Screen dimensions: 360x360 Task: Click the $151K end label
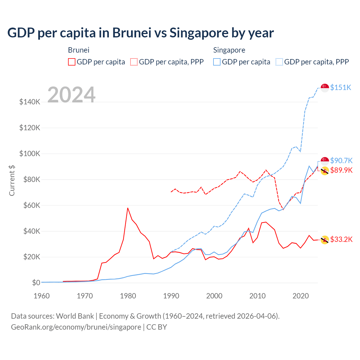(x=341, y=87)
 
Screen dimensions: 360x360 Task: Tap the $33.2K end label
(x=341, y=239)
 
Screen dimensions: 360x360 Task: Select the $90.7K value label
(x=341, y=161)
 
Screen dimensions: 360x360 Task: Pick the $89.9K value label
(x=341, y=170)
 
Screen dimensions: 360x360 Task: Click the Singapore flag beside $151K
(x=325, y=88)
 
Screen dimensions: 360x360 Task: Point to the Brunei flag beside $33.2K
(x=325, y=240)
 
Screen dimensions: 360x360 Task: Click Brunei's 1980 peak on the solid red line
(x=128, y=208)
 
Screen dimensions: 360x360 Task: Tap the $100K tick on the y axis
(x=30, y=154)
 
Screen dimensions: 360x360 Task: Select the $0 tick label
(x=36, y=283)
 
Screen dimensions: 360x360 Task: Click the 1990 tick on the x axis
(x=171, y=296)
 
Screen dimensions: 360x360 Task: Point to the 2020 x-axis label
(x=300, y=296)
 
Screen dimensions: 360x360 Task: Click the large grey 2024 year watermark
(x=71, y=95)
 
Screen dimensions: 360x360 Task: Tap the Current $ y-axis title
(x=12, y=180)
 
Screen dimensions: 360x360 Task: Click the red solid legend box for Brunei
(x=72, y=62)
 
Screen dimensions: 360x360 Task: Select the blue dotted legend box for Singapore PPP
(x=279, y=62)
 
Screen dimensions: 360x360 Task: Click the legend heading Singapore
(x=229, y=50)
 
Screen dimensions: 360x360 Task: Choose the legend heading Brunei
(x=78, y=50)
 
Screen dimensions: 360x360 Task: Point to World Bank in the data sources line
(x=75, y=316)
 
